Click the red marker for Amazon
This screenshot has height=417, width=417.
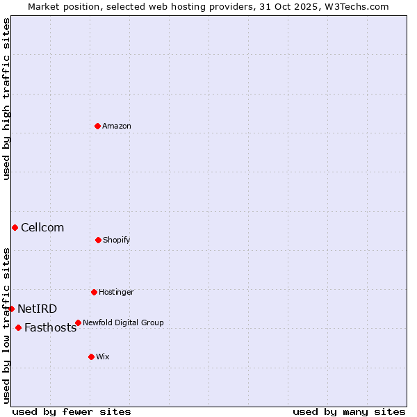(x=97, y=126)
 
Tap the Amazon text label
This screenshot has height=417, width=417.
(x=117, y=126)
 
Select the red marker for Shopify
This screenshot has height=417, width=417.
(x=98, y=240)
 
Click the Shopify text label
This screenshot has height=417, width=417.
(x=117, y=240)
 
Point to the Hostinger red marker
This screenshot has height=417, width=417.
(x=94, y=292)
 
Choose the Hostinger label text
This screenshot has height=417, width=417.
(x=116, y=292)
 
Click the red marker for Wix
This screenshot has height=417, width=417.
(x=91, y=357)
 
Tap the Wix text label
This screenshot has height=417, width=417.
(x=103, y=357)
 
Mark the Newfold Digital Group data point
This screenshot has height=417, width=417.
(x=78, y=322)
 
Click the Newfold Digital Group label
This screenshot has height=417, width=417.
(x=123, y=322)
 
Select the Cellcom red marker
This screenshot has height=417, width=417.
(x=15, y=227)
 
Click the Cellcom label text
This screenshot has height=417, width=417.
(x=42, y=227)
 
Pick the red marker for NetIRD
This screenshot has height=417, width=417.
(x=11, y=309)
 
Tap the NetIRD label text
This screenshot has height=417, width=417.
(x=38, y=309)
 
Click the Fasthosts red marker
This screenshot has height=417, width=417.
(x=18, y=327)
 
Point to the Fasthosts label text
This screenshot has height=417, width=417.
(x=50, y=328)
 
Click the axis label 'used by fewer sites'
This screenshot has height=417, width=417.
(x=72, y=411)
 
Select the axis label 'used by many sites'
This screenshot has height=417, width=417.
(x=349, y=411)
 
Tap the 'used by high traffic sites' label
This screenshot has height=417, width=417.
(x=7, y=99)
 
